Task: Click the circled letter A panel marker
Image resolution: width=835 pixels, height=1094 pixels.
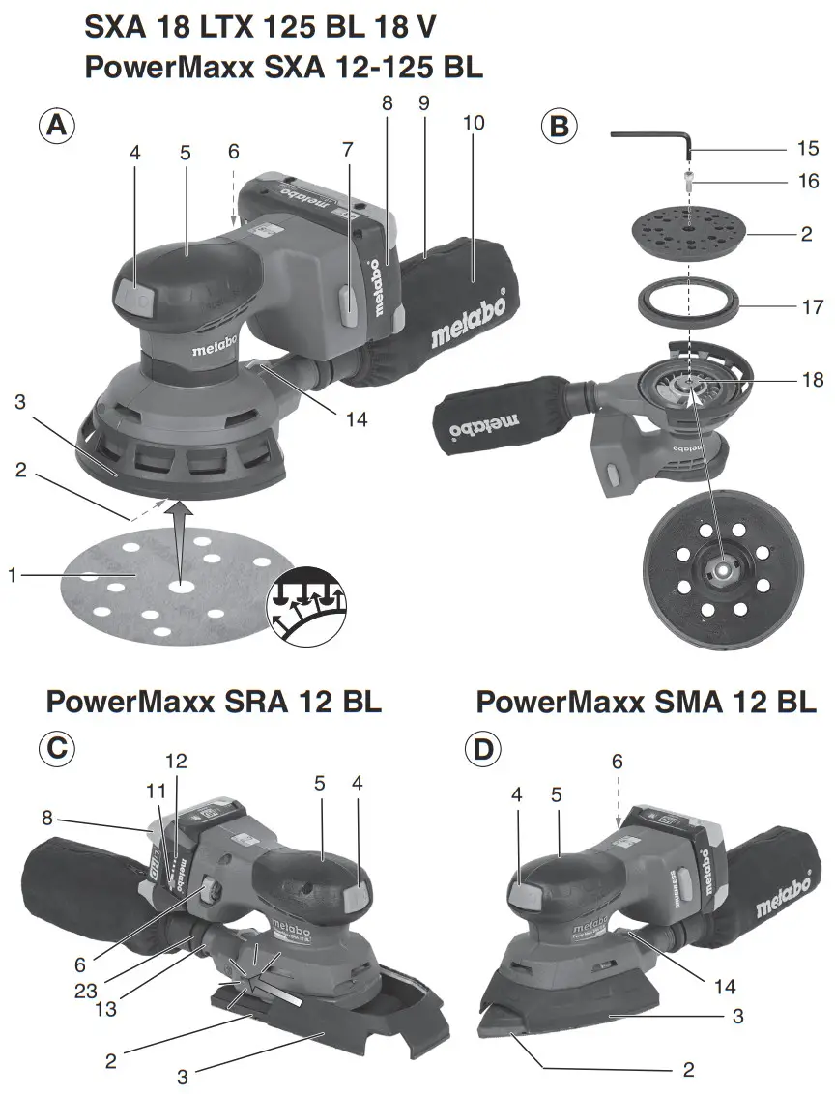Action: [x=57, y=127]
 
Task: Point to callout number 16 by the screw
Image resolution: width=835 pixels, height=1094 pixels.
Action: [x=808, y=181]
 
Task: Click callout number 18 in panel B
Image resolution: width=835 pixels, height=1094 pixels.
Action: [x=812, y=380]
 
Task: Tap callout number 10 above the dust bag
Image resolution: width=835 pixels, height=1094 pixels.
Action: [x=474, y=126]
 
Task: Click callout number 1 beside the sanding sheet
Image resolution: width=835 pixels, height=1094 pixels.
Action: [x=14, y=576]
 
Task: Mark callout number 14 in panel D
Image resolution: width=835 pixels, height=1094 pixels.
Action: [x=723, y=987]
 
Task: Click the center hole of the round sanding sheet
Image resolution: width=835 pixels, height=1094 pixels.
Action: [x=178, y=586]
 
